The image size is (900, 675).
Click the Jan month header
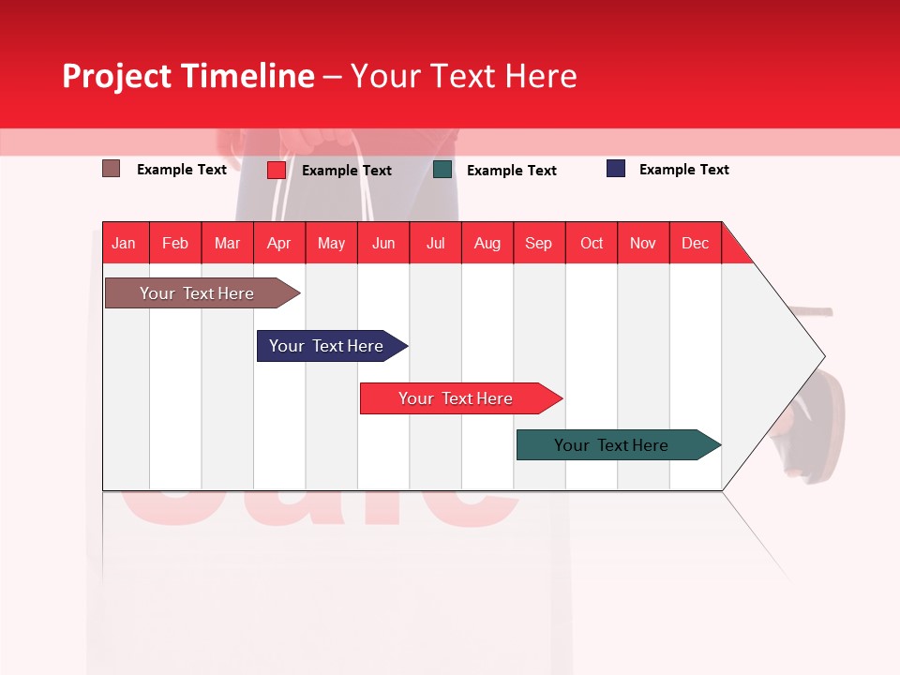point(124,243)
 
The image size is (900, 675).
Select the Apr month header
point(278,243)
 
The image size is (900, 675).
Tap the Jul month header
point(435,243)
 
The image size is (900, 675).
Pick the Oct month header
point(591,243)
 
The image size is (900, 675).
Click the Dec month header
point(695,243)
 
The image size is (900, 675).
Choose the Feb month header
point(175,243)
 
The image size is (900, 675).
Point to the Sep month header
point(538,243)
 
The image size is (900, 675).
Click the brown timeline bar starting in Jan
point(197,293)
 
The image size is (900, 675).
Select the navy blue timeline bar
point(326,346)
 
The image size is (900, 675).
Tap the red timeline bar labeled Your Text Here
point(456,398)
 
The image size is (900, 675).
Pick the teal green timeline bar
point(611,445)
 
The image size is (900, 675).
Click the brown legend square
point(111,169)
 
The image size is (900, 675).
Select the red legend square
point(276,170)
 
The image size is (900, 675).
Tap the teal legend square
point(442,170)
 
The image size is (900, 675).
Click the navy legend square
point(615,169)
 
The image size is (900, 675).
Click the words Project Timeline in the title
point(187,76)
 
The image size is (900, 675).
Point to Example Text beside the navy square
point(683,170)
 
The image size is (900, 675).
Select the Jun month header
point(383,243)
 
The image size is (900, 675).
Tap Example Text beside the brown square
point(181,170)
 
